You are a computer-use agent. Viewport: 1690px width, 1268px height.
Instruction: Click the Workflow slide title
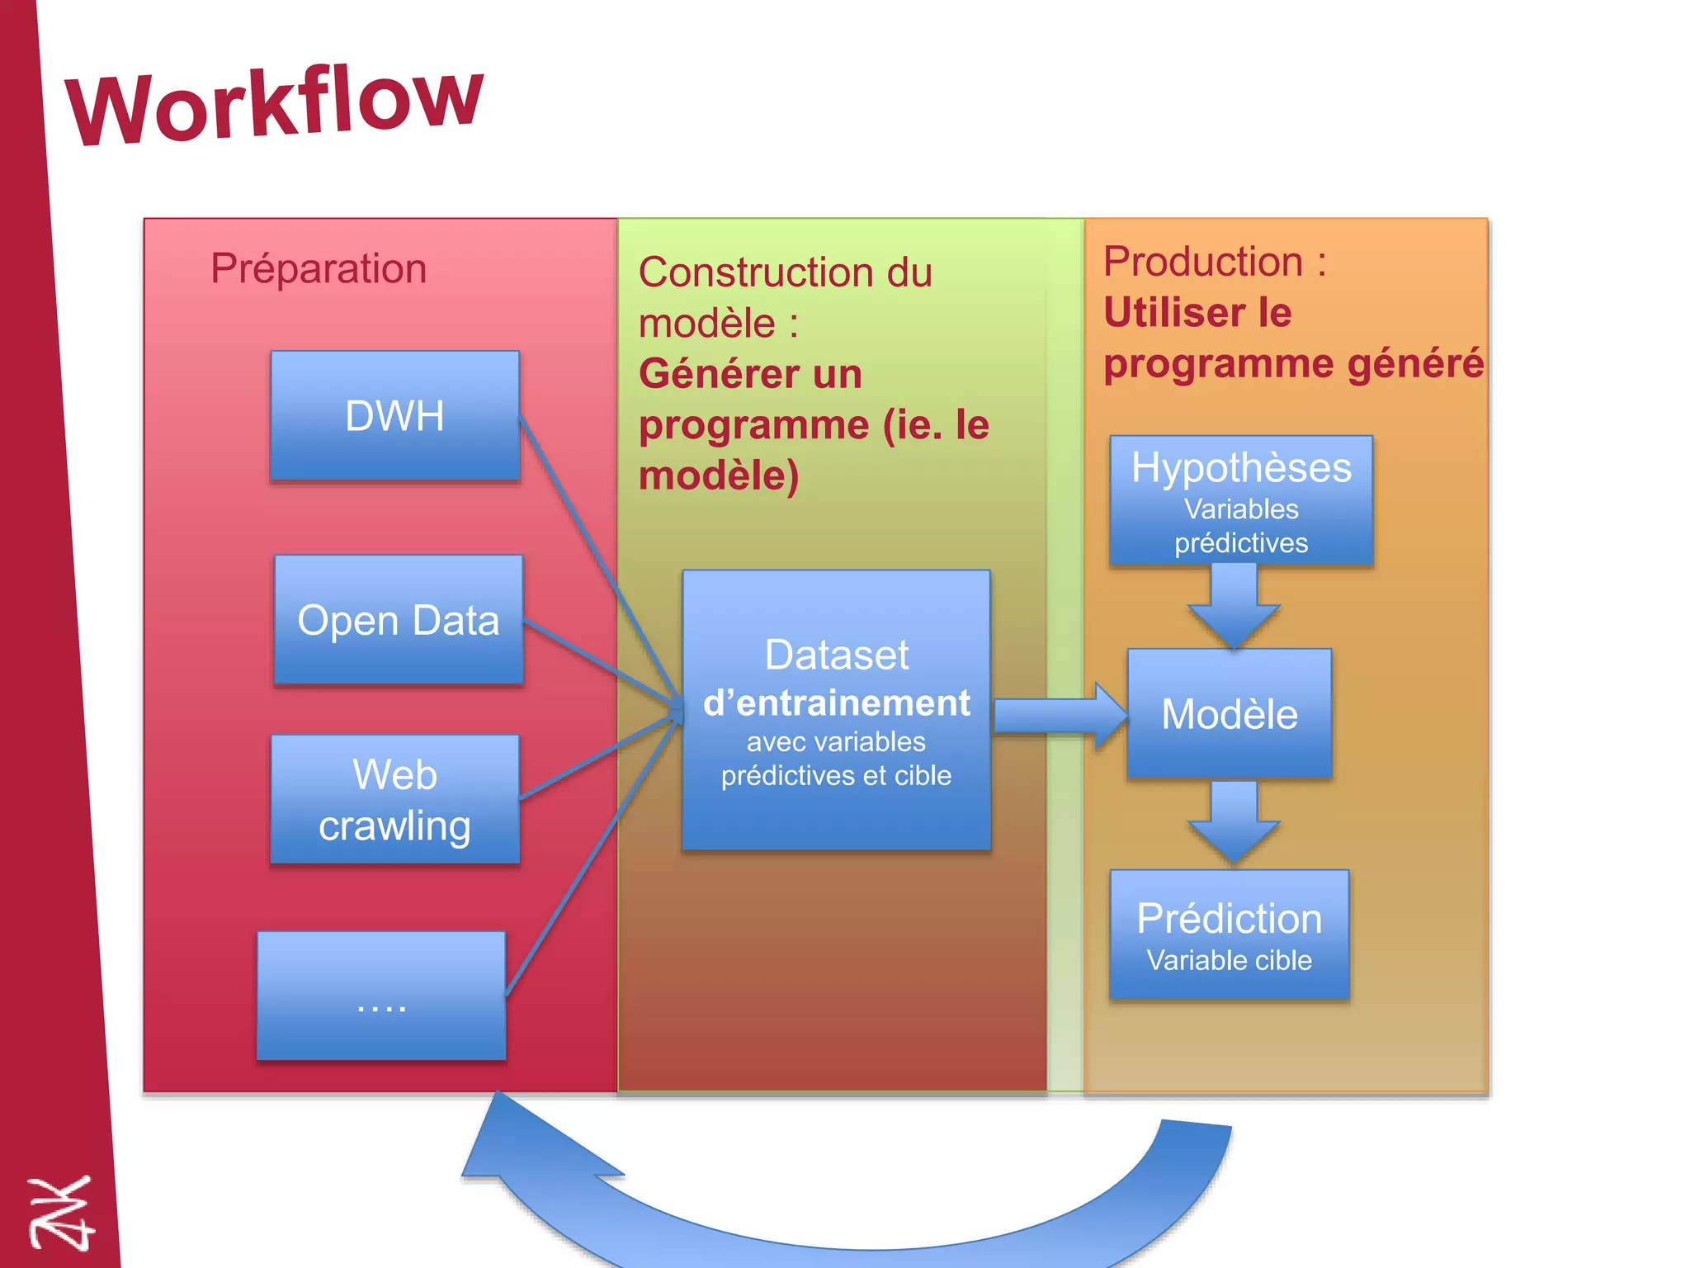point(275,105)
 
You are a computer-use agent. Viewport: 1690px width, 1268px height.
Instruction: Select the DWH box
point(394,415)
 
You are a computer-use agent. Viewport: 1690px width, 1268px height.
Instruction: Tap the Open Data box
point(398,620)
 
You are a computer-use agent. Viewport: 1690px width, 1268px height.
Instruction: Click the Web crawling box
point(394,799)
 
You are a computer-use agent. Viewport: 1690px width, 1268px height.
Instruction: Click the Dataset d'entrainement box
point(836,710)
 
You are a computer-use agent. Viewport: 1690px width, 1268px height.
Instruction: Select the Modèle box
point(1229,714)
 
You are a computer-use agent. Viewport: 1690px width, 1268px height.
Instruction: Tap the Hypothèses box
point(1240,500)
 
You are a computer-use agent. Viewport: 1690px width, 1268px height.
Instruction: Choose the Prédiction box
point(1229,934)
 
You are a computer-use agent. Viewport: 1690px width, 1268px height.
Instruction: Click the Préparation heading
point(319,268)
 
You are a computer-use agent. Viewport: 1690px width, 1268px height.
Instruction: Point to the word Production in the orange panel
point(1202,262)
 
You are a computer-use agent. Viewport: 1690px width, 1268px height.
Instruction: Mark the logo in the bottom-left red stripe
point(59,1213)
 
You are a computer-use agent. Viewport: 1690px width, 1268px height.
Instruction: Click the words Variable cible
point(1229,961)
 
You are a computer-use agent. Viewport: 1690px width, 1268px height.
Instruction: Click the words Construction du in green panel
point(785,272)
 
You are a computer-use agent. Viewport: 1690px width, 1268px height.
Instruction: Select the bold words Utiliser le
point(1197,313)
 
